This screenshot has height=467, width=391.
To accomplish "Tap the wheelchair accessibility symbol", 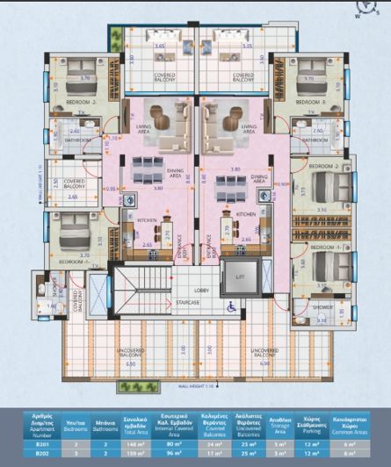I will pos(231,306).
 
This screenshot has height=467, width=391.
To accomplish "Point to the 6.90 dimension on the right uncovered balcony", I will pos(264,363).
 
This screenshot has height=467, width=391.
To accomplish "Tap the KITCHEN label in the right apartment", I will pos(245,213).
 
